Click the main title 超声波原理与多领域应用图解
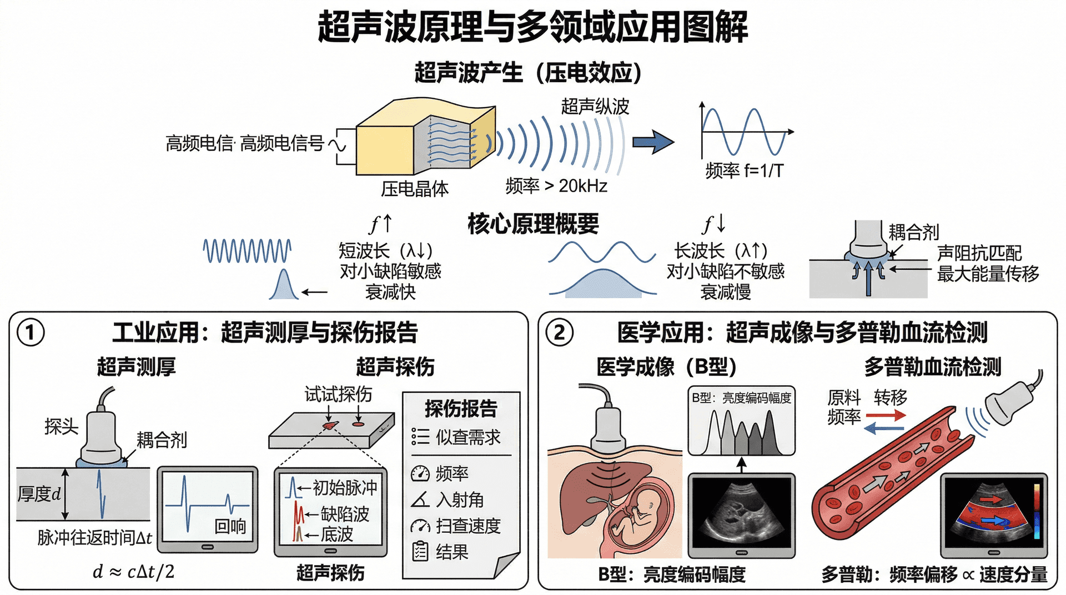(532, 27)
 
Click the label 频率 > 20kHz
(556, 186)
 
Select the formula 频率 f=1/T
(744, 170)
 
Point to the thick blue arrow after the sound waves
(653, 142)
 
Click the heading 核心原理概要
(533, 224)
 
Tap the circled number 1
(31, 332)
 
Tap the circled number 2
(559, 332)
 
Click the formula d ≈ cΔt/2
(133, 571)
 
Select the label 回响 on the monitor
(230, 526)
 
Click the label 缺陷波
(345, 513)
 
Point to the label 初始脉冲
(345, 487)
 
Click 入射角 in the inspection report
(460, 500)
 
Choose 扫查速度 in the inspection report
(468, 526)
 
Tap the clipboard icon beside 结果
(420, 551)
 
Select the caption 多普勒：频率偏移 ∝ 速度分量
(934, 574)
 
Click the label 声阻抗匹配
(979, 253)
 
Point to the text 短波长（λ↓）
(385, 250)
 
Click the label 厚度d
(39, 493)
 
